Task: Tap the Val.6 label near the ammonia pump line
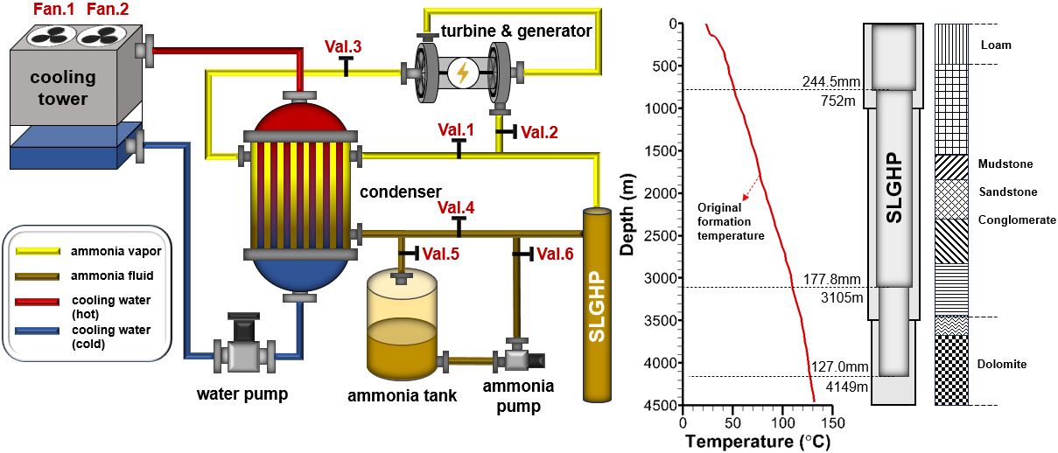(555, 254)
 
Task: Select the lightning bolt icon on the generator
(460, 73)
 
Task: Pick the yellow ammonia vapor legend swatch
(36, 251)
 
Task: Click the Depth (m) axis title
(627, 214)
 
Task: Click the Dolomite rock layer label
(1003, 364)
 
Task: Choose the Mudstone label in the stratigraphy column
(1005, 164)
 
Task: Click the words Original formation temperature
(731, 221)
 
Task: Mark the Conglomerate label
(1014, 220)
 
